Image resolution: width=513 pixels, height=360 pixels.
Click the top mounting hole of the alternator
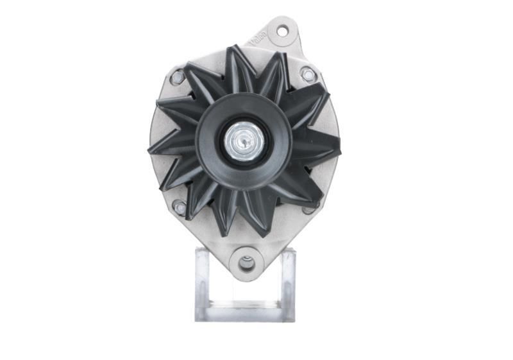282,30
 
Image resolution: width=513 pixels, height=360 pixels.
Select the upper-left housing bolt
177,77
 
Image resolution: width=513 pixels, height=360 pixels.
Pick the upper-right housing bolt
308,74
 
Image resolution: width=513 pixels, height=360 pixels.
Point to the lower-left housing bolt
181,208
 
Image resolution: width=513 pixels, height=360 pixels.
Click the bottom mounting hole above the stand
246,262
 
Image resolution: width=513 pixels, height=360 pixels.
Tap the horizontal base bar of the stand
245,313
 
